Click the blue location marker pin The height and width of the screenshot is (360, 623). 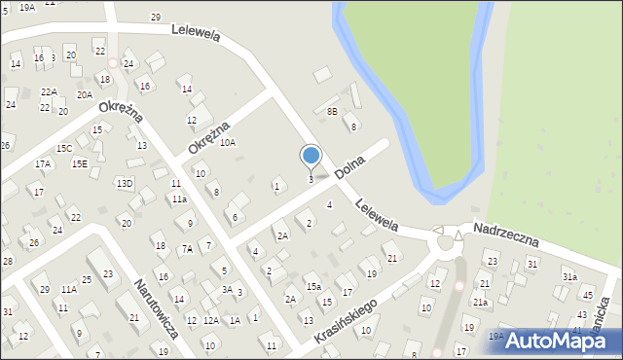[311, 156]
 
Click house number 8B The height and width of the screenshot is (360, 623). [332, 112]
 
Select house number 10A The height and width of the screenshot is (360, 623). [227, 142]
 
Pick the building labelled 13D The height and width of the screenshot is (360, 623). [125, 183]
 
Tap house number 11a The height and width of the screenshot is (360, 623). [180, 198]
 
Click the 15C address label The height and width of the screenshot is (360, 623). [64, 148]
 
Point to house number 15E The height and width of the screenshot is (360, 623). [79, 163]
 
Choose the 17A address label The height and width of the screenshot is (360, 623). [43, 164]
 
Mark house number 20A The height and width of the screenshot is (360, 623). [86, 94]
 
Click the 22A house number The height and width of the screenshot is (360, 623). [49, 91]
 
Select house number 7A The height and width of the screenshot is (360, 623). [186, 248]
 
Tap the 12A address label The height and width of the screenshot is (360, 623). [211, 319]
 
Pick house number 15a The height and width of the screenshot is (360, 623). [313, 287]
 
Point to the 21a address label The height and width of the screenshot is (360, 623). [481, 302]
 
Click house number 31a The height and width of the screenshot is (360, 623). [569, 277]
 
